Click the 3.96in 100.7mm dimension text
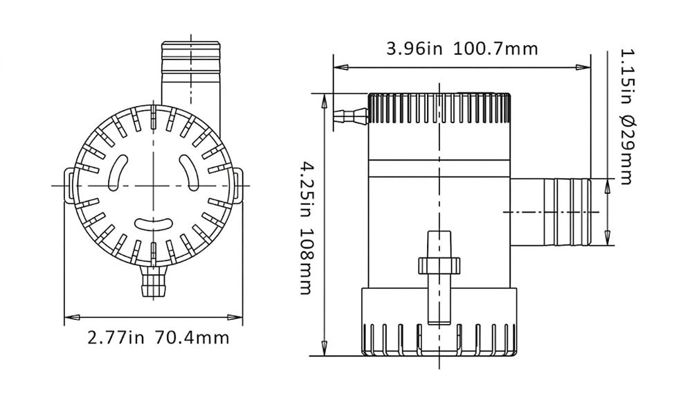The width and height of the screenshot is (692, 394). tap(462, 48)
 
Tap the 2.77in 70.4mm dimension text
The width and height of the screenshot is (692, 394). tap(158, 338)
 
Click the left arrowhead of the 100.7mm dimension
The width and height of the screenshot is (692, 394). tap(340, 68)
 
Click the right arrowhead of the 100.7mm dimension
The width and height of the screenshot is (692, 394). tap(583, 68)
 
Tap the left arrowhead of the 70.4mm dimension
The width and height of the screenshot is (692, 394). tap(72, 317)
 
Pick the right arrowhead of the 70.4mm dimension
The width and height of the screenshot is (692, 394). tap(235, 317)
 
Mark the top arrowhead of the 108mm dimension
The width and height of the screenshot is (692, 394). tap(325, 101)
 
